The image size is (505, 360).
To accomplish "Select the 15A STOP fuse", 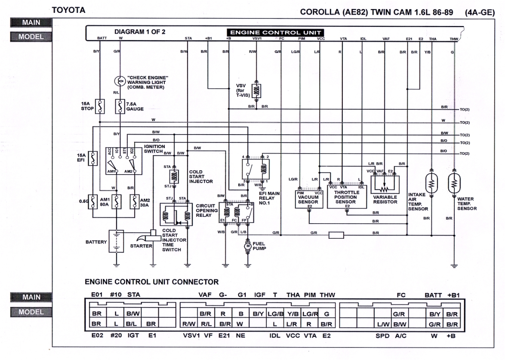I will (99, 106).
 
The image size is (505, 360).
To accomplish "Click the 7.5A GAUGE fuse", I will (120, 106).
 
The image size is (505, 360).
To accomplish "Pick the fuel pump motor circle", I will (247, 246).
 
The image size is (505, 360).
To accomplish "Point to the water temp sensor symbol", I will (454, 184).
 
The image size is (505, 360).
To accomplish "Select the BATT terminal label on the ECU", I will (102, 39).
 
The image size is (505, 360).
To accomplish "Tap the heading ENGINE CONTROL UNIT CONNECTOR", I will (151, 282).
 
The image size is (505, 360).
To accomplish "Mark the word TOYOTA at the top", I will (68, 10).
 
